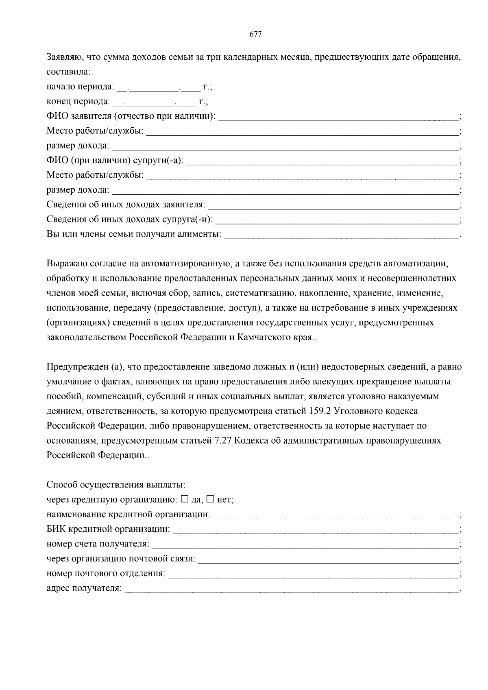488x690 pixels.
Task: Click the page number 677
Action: [x=255, y=35]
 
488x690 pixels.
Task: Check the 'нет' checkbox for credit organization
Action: [x=210, y=498]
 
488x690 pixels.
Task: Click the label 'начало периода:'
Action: [x=80, y=87]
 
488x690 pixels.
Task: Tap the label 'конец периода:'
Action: [x=78, y=101]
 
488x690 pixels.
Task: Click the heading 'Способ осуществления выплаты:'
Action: [x=116, y=485]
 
